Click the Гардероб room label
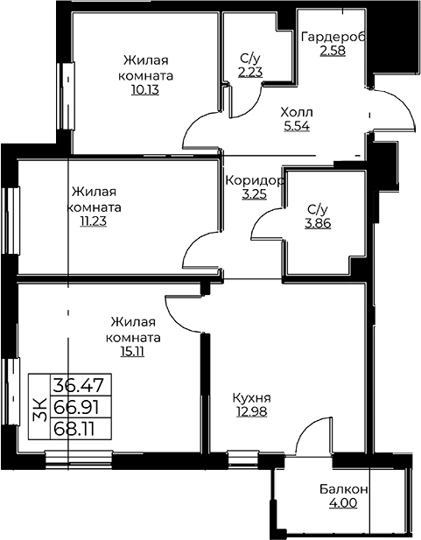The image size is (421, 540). click(333, 37)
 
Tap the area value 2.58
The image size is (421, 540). click(333, 51)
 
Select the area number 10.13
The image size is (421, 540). click(144, 90)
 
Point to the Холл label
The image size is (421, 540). click(297, 112)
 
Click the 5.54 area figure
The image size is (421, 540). click(297, 126)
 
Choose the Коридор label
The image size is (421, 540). click(255, 180)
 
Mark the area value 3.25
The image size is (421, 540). click(254, 194)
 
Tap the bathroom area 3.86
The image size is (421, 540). click(318, 223)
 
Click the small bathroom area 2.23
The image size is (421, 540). click(250, 72)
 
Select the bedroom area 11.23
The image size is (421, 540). click(93, 221)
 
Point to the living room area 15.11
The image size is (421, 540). click(132, 351)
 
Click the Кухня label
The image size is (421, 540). click(251, 397)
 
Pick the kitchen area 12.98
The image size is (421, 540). click(251, 411)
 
